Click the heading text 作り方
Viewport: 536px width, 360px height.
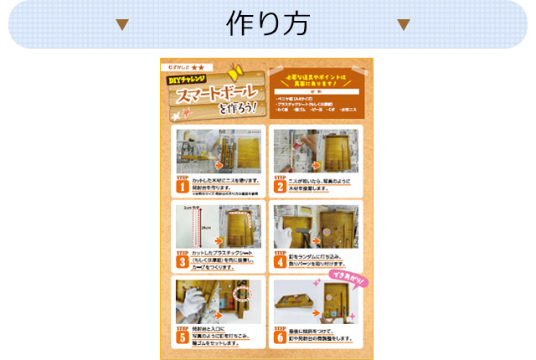(268, 23)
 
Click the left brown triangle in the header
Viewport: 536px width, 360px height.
(122, 24)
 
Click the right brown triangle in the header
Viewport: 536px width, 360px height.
(404, 24)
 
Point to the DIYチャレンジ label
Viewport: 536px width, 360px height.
(188, 80)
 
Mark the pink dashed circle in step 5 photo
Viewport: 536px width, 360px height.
(244, 294)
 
